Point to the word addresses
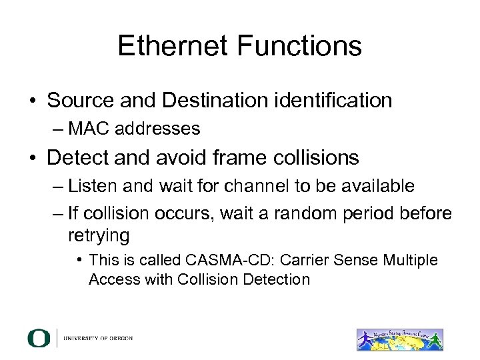tap(162, 127)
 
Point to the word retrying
tap(99, 235)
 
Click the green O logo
tap(39, 338)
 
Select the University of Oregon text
tap(98, 338)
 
